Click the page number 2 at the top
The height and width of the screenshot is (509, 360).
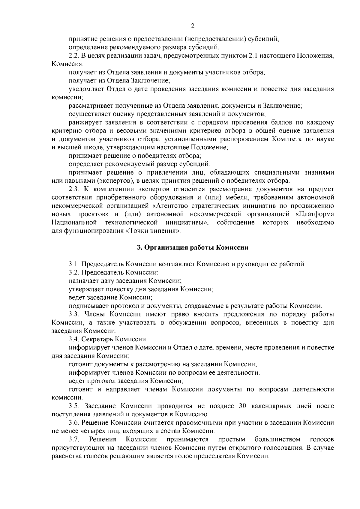point(193,26)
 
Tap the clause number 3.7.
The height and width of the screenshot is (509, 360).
point(73,440)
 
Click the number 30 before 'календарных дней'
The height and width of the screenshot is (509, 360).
point(243,406)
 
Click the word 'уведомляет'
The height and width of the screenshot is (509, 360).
point(86,89)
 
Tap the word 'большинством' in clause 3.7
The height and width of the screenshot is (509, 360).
point(277,440)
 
